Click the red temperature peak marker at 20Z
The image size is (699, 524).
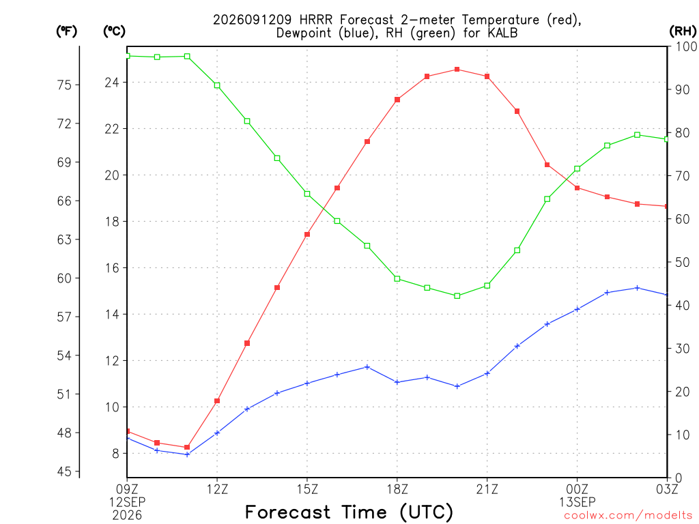click(x=457, y=70)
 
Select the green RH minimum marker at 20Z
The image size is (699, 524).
click(x=457, y=296)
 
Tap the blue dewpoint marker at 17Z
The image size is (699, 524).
click(x=367, y=367)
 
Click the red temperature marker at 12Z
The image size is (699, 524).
click(x=217, y=401)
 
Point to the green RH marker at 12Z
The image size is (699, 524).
click(x=217, y=85)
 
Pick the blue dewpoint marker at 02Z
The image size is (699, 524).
click(x=637, y=288)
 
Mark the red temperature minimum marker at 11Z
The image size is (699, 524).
click(x=187, y=448)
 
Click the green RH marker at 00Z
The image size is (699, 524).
click(x=577, y=169)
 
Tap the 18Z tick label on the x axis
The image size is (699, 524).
click(x=397, y=490)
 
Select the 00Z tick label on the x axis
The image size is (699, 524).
click(x=577, y=490)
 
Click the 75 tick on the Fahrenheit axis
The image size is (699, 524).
click(x=64, y=85)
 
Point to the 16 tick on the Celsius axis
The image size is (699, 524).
click(x=112, y=267)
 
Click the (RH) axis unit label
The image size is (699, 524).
click(x=683, y=31)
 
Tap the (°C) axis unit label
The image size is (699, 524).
click(x=114, y=31)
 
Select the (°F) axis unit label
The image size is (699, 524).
click(x=66, y=31)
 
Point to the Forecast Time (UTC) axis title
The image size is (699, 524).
click(x=349, y=512)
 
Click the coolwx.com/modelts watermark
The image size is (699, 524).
click(x=628, y=516)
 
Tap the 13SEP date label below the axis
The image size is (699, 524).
click(x=577, y=502)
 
